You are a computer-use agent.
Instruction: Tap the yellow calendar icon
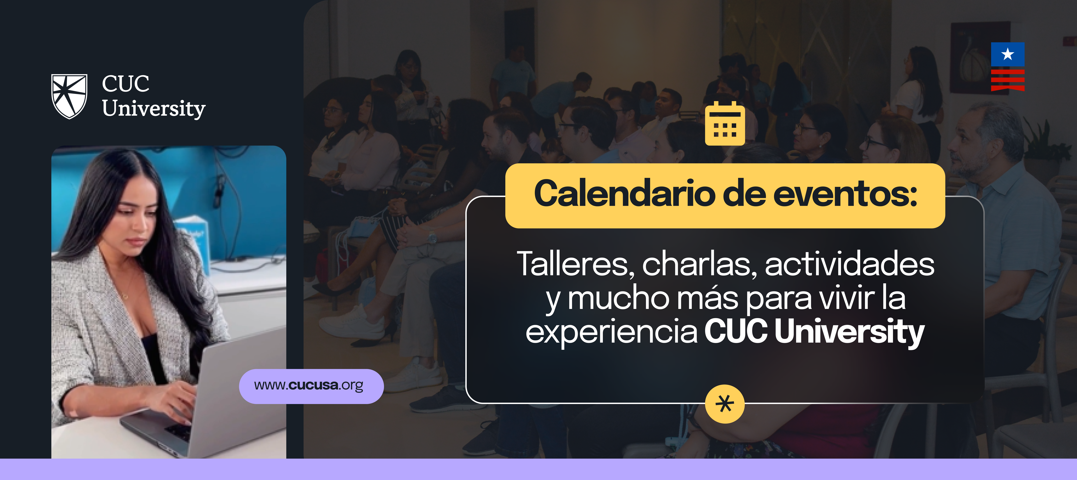pos(725,124)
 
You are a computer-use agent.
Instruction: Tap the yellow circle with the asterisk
pos(725,404)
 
